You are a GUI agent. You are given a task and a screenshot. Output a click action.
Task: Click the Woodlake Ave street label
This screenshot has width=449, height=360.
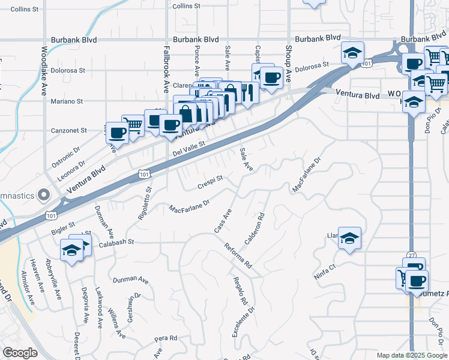click(x=44, y=71)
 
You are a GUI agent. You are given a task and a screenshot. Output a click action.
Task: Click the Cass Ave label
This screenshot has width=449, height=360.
click(x=223, y=221)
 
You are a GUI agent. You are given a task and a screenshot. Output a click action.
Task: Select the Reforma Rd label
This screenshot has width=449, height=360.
click(x=238, y=256)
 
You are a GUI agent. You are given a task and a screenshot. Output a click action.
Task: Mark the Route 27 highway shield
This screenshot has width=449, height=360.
click(x=411, y=256)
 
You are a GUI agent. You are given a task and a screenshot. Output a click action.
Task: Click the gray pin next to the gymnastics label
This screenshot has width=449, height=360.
click(x=43, y=195)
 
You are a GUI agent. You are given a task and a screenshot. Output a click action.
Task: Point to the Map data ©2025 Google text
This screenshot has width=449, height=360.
click(x=412, y=355)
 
